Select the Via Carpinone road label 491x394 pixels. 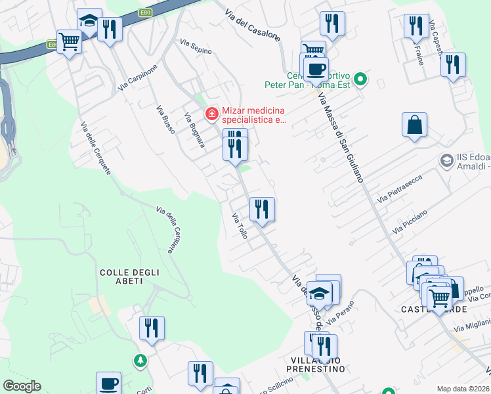tap(139, 77)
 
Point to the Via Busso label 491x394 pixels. tap(165, 120)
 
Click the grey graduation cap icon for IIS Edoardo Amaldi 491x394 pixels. tap(447, 160)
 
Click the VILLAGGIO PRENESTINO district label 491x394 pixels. tap(318, 364)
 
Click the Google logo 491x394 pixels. tap(22, 386)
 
